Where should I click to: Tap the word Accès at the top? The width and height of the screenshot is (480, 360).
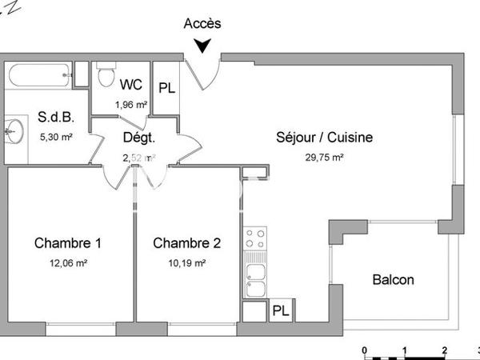[x=202, y=23]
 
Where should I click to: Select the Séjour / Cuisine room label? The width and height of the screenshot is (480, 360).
[x=324, y=138]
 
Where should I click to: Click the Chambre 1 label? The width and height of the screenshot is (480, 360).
[x=67, y=242]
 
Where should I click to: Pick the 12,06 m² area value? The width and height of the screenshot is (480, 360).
[x=67, y=262]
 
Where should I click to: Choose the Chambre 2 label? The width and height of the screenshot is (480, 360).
[x=186, y=242]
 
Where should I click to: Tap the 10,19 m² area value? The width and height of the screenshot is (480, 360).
[x=186, y=262]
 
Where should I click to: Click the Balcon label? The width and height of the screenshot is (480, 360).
[x=393, y=280]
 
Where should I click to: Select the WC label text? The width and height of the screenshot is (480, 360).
[x=131, y=84]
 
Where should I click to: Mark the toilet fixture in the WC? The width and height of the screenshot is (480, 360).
[x=104, y=78]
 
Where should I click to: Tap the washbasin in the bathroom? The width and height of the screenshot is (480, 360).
[x=12, y=130]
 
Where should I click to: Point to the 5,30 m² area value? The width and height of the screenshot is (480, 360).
[x=56, y=137]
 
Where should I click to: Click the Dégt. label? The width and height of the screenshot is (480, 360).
[x=138, y=137]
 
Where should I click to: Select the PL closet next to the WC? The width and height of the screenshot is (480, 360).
[x=166, y=88]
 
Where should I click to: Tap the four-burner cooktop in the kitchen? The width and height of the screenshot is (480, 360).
[x=255, y=238]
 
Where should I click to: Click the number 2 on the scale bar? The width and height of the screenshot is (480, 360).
[x=444, y=350]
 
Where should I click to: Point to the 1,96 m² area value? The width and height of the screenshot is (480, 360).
[x=130, y=104]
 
